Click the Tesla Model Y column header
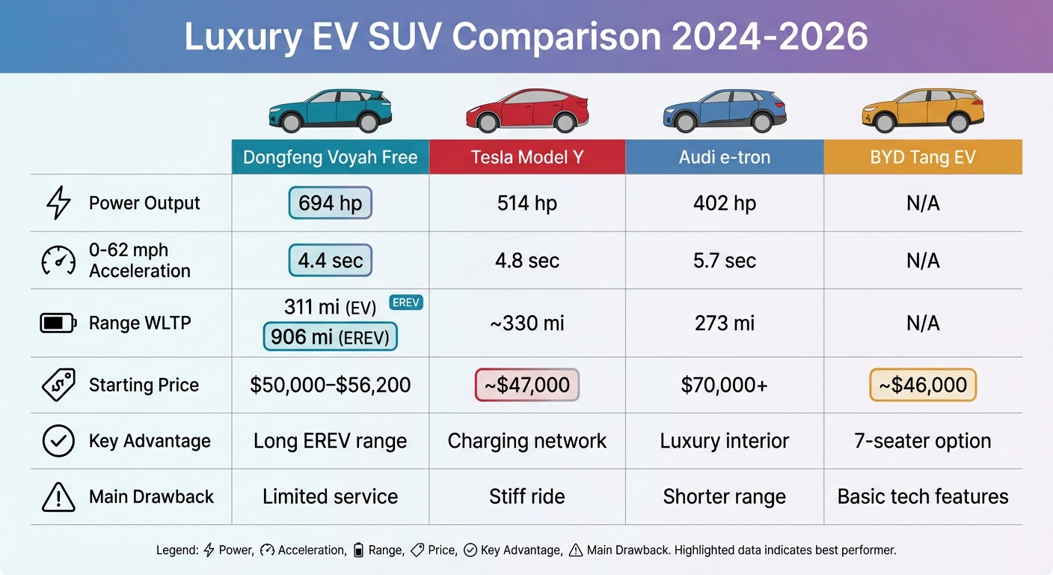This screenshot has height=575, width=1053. pos(527,157)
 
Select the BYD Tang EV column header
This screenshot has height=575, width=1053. pos(923,157)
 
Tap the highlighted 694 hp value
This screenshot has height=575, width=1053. pos(330,203)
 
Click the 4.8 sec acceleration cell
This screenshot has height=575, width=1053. pos(527,261)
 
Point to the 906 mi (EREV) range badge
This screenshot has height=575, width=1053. pos(330,337)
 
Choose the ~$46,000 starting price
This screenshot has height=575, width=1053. pos(923,385)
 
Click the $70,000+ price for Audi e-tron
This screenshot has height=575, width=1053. pos(725,385)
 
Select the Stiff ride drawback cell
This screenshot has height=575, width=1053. pos(527,496)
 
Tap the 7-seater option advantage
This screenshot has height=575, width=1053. pos(923,441)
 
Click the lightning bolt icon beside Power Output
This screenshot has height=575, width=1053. pos(58,203)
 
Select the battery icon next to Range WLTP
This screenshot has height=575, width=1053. pos(58,323)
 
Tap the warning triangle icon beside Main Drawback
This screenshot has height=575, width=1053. pos(58,496)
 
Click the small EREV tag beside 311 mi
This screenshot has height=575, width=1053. pos(406,302)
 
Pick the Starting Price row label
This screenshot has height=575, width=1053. pos(144,385)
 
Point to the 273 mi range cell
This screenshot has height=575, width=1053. pos(725,323)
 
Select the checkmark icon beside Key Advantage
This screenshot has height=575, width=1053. pos(58,441)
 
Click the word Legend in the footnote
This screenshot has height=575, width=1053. pos(177,550)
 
